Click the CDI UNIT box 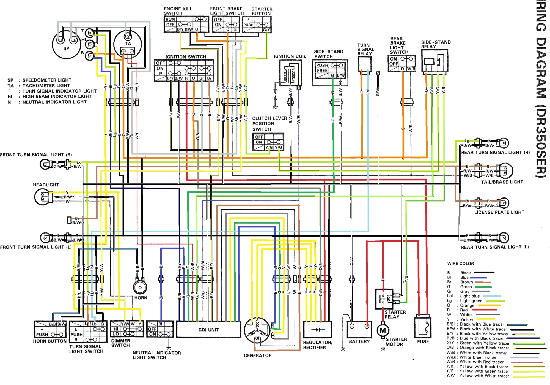pyautogui.click(x=209, y=330)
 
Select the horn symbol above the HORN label pyautogui.click(x=140, y=287)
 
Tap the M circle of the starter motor pyautogui.click(x=383, y=331)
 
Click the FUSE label pyautogui.click(x=423, y=342)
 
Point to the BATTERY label pyautogui.click(x=359, y=341)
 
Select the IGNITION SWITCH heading pyautogui.click(x=186, y=57)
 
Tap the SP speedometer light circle pyautogui.click(x=66, y=44)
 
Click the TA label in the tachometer pyautogui.click(x=128, y=44)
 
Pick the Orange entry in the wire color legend pyautogui.click(x=467, y=305)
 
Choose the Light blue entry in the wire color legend pyautogui.click(x=470, y=296)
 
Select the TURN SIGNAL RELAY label pyautogui.click(x=365, y=49)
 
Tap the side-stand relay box pyautogui.click(x=435, y=61)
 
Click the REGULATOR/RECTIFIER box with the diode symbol pyautogui.click(x=318, y=329)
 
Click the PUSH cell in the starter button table pyautogui.click(x=248, y=25)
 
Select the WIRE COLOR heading pyautogui.click(x=460, y=264)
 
